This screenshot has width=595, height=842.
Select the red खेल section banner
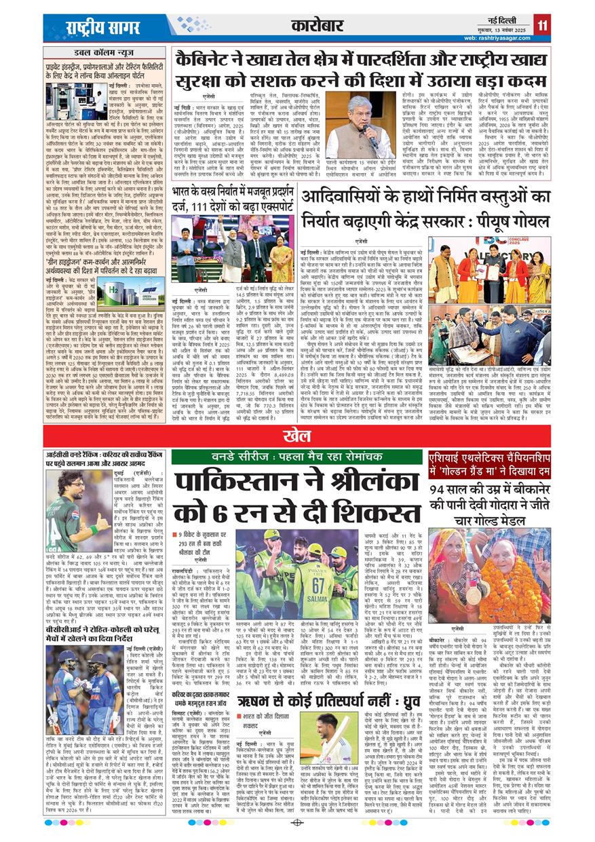tap(297, 435)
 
